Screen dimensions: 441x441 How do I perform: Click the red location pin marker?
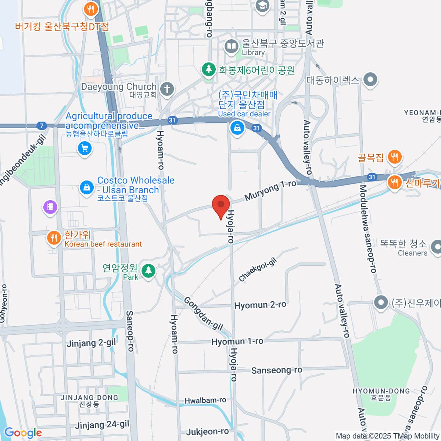pos(221,206)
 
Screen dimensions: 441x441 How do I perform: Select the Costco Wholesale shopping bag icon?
pos(87,187)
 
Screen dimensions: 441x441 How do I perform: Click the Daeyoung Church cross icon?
pos(167,89)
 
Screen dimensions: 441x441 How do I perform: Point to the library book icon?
pos(232,47)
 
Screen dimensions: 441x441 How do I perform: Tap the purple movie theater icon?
pos(50,207)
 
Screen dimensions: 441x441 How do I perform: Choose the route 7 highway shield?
pos(42,126)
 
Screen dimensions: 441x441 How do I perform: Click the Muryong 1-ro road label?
pos(270,190)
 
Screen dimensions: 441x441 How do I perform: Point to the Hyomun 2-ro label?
pos(260,305)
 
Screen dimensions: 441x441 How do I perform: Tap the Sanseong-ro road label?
pos(277,370)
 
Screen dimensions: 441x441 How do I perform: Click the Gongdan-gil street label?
pos(203,313)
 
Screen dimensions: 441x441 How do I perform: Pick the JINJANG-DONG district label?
pos(89,398)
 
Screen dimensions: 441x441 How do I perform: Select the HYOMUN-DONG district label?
pos(381,391)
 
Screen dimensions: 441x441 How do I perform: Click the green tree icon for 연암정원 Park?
pos(148,271)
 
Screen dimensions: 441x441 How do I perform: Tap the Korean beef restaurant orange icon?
pos(54,238)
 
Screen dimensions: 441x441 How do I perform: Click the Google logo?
pos(23,433)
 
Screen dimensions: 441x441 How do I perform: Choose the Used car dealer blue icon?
pos(237,128)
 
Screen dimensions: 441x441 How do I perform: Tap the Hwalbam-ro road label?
pos(205,400)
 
